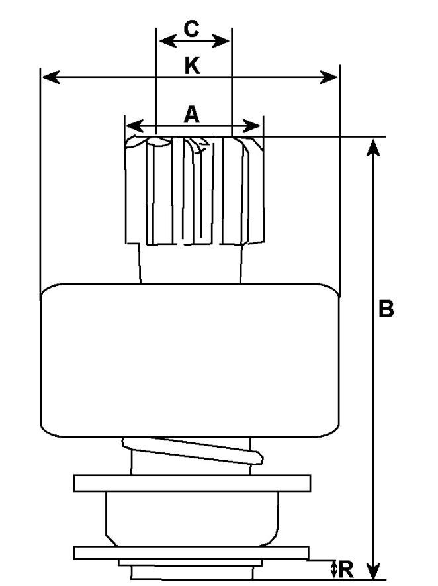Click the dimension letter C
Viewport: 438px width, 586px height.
(191, 28)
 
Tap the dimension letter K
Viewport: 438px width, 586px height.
(192, 65)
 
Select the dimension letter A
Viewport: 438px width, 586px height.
(192, 115)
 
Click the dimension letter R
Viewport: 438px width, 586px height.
(347, 568)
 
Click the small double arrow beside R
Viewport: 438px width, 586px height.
(334, 568)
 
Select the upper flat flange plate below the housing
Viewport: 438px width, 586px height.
(192, 483)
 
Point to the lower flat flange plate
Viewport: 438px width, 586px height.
(192, 552)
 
